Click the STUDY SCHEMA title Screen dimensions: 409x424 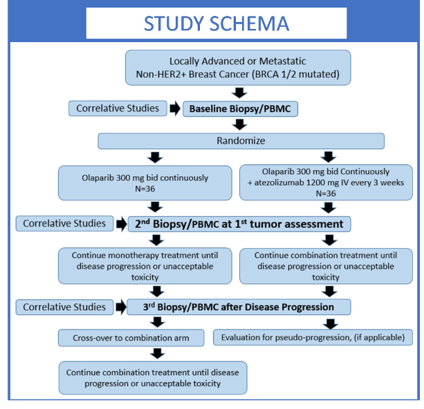[216, 23]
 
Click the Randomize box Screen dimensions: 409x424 [241, 141]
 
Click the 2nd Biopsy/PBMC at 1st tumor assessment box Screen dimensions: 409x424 [239, 224]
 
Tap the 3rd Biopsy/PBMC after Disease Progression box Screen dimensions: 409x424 [239, 307]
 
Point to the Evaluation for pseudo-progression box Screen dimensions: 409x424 [313, 339]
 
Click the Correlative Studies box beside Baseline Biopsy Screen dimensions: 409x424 [117, 108]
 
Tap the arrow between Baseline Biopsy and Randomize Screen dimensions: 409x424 [240, 125]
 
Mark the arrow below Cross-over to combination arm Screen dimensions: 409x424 [158, 354]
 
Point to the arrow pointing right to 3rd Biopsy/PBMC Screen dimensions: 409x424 [118, 307]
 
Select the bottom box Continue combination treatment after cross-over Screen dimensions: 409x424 [153, 378]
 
